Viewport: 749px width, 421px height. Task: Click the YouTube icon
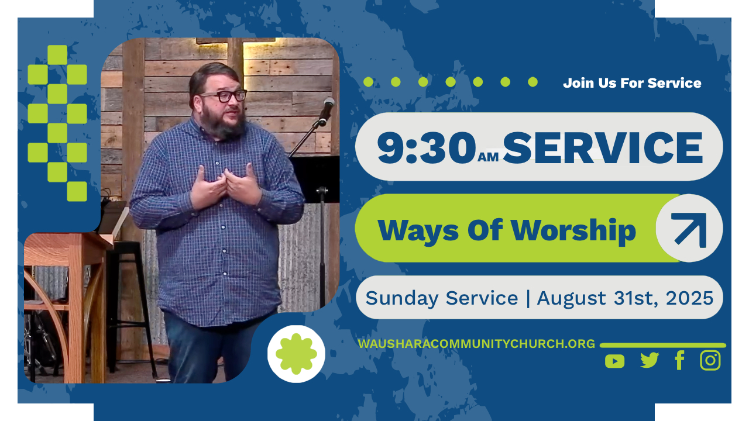pyautogui.click(x=614, y=361)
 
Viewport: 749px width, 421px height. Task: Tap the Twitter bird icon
pyautogui.click(x=650, y=360)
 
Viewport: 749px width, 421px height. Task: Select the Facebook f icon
pyautogui.click(x=680, y=360)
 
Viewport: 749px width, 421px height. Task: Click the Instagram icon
pyautogui.click(x=710, y=360)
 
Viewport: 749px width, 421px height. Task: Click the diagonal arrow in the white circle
pyautogui.click(x=690, y=229)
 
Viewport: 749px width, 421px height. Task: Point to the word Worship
pyautogui.click(x=573, y=231)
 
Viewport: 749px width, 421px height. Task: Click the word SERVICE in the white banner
pyautogui.click(x=603, y=147)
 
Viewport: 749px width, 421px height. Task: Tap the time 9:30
pyautogui.click(x=427, y=147)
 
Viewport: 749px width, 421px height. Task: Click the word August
pyautogui.click(x=571, y=299)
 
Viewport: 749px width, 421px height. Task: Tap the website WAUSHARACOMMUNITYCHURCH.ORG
pyautogui.click(x=476, y=344)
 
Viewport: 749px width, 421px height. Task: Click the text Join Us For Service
pyautogui.click(x=632, y=83)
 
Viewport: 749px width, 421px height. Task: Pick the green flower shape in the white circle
pyautogui.click(x=296, y=354)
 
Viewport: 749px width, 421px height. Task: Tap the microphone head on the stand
pyautogui.click(x=327, y=107)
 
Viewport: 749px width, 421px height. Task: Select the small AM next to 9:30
pyautogui.click(x=488, y=157)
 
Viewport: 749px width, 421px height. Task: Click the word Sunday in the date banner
pyautogui.click(x=402, y=299)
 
